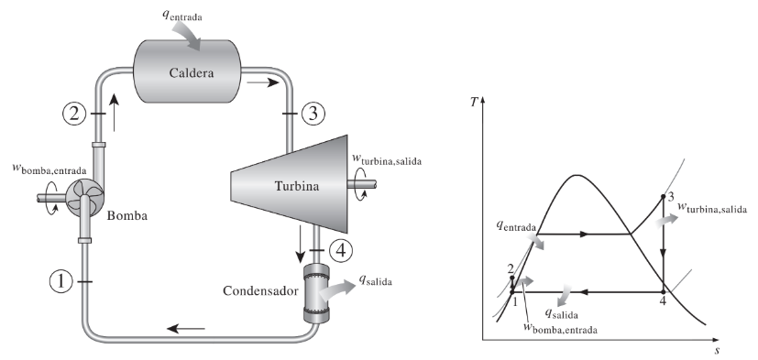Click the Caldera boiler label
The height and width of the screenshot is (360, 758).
coord(192,73)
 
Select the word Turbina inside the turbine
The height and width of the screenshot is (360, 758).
coord(297,186)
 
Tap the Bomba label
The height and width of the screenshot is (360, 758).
coord(127,215)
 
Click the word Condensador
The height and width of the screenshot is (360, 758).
coord(260,291)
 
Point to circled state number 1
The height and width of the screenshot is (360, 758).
coord(60,282)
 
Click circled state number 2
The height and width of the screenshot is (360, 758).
coord(74,115)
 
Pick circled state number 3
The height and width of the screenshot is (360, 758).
coord(313,115)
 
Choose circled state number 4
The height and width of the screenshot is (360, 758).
coord(341,250)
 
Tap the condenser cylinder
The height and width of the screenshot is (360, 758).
coord(315,292)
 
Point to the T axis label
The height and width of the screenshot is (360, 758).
coord(474,103)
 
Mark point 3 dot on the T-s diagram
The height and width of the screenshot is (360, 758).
coord(664,197)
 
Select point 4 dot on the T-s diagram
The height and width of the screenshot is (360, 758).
coord(664,292)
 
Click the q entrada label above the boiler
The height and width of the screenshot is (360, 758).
coord(181,16)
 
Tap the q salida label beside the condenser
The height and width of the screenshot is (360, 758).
coord(375,280)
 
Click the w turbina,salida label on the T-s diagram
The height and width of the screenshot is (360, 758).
coord(712,207)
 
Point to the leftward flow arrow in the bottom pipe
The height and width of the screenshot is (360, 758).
coord(186,329)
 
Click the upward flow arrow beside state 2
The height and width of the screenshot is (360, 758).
coord(114,112)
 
